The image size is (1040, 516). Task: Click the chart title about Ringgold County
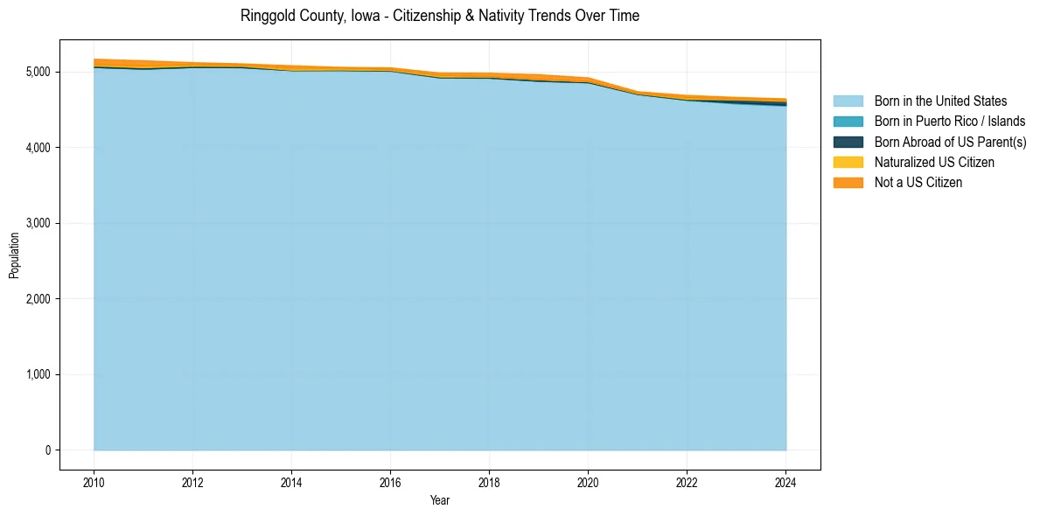tap(439, 16)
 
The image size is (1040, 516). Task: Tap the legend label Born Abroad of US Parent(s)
tap(950, 142)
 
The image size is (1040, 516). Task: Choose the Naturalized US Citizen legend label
tap(934, 162)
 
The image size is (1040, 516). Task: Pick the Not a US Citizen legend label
tap(918, 182)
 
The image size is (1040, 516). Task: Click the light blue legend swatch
tap(848, 101)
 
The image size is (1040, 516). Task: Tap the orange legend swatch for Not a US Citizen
tap(848, 182)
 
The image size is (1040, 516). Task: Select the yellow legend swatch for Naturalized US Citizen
tap(848, 162)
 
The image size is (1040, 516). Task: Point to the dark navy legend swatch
tap(848, 142)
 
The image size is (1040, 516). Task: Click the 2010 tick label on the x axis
tap(94, 481)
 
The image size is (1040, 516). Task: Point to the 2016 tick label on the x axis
tap(390, 481)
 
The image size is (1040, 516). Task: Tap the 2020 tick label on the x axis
tap(588, 481)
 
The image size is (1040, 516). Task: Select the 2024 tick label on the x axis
tap(785, 481)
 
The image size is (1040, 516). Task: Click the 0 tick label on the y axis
tap(47, 450)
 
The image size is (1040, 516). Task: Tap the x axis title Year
tap(439, 500)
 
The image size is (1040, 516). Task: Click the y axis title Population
tap(14, 255)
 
